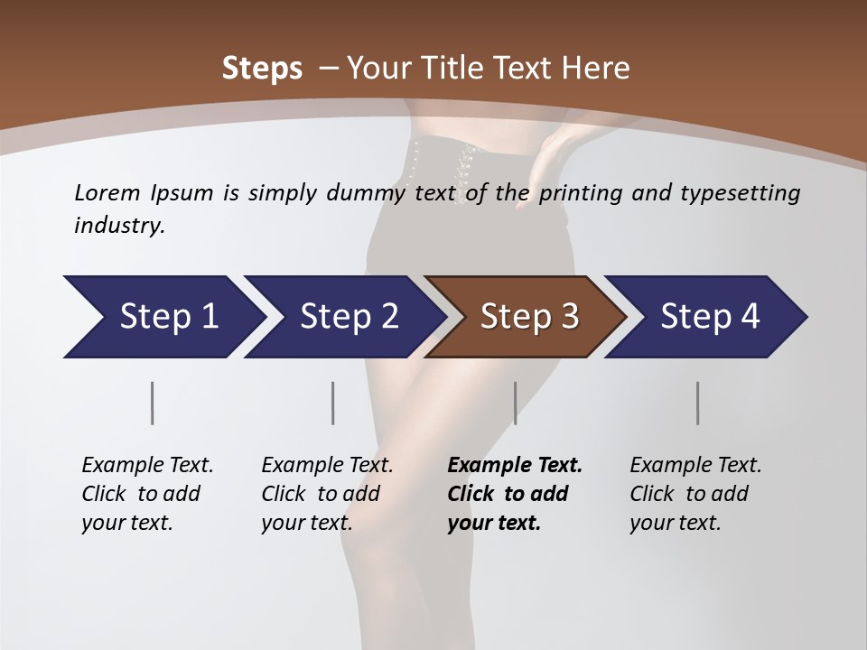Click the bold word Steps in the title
pos(262,68)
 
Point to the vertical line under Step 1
pos(153,403)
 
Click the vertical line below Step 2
pos(333,403)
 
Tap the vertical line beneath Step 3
pos(515,403)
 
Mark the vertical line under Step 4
pos(698,403)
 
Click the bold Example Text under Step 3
pos(515,466)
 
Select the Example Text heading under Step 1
pos(147,466)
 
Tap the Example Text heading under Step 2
pos(327,466)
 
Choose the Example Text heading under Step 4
pos(695,466)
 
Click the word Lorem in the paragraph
pos(107,192)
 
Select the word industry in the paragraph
pos(118,226)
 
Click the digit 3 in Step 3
pos(568,317)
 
